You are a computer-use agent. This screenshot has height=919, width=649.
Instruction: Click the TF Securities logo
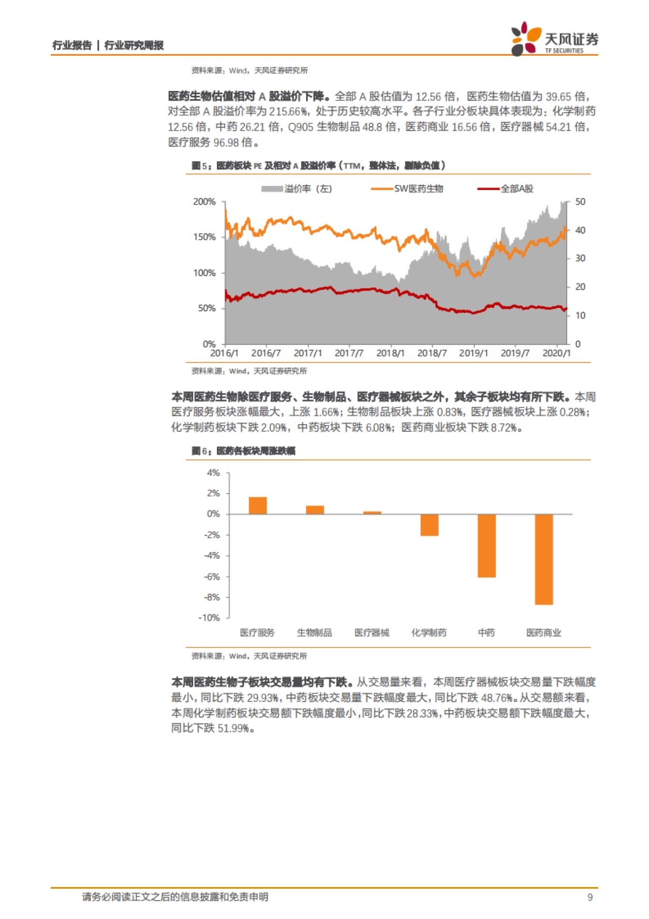(x=554, y=39)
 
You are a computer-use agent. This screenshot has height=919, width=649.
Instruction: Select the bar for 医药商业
(x=544, y=559)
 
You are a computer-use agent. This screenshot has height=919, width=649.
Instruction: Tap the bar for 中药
(x=486, y=546)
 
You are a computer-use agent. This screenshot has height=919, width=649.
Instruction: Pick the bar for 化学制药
(x=429, y=525)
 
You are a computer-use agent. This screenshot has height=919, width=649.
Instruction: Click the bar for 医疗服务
(x=257, y=506)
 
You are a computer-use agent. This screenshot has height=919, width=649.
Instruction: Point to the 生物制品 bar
(x=315, y=510)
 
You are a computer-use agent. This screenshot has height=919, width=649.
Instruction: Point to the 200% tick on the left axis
(x=204, y=202)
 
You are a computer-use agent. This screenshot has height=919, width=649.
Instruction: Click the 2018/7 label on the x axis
(x=432, y=353)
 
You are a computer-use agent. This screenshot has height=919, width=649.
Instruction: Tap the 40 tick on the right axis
(x=580, y=231)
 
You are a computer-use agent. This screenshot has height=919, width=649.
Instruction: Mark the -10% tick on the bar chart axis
(x=209, y=618)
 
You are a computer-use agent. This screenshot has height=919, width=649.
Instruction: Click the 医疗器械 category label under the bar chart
(x=372, y=633)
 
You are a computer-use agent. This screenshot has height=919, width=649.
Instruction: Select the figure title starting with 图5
(x=319, y=166)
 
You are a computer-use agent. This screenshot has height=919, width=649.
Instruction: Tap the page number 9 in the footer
(x=590, y=897)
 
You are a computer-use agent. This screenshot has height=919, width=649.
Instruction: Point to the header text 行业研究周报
(x=134, y=45)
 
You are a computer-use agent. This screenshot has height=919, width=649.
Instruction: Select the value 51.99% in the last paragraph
(x=234, y=728)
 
